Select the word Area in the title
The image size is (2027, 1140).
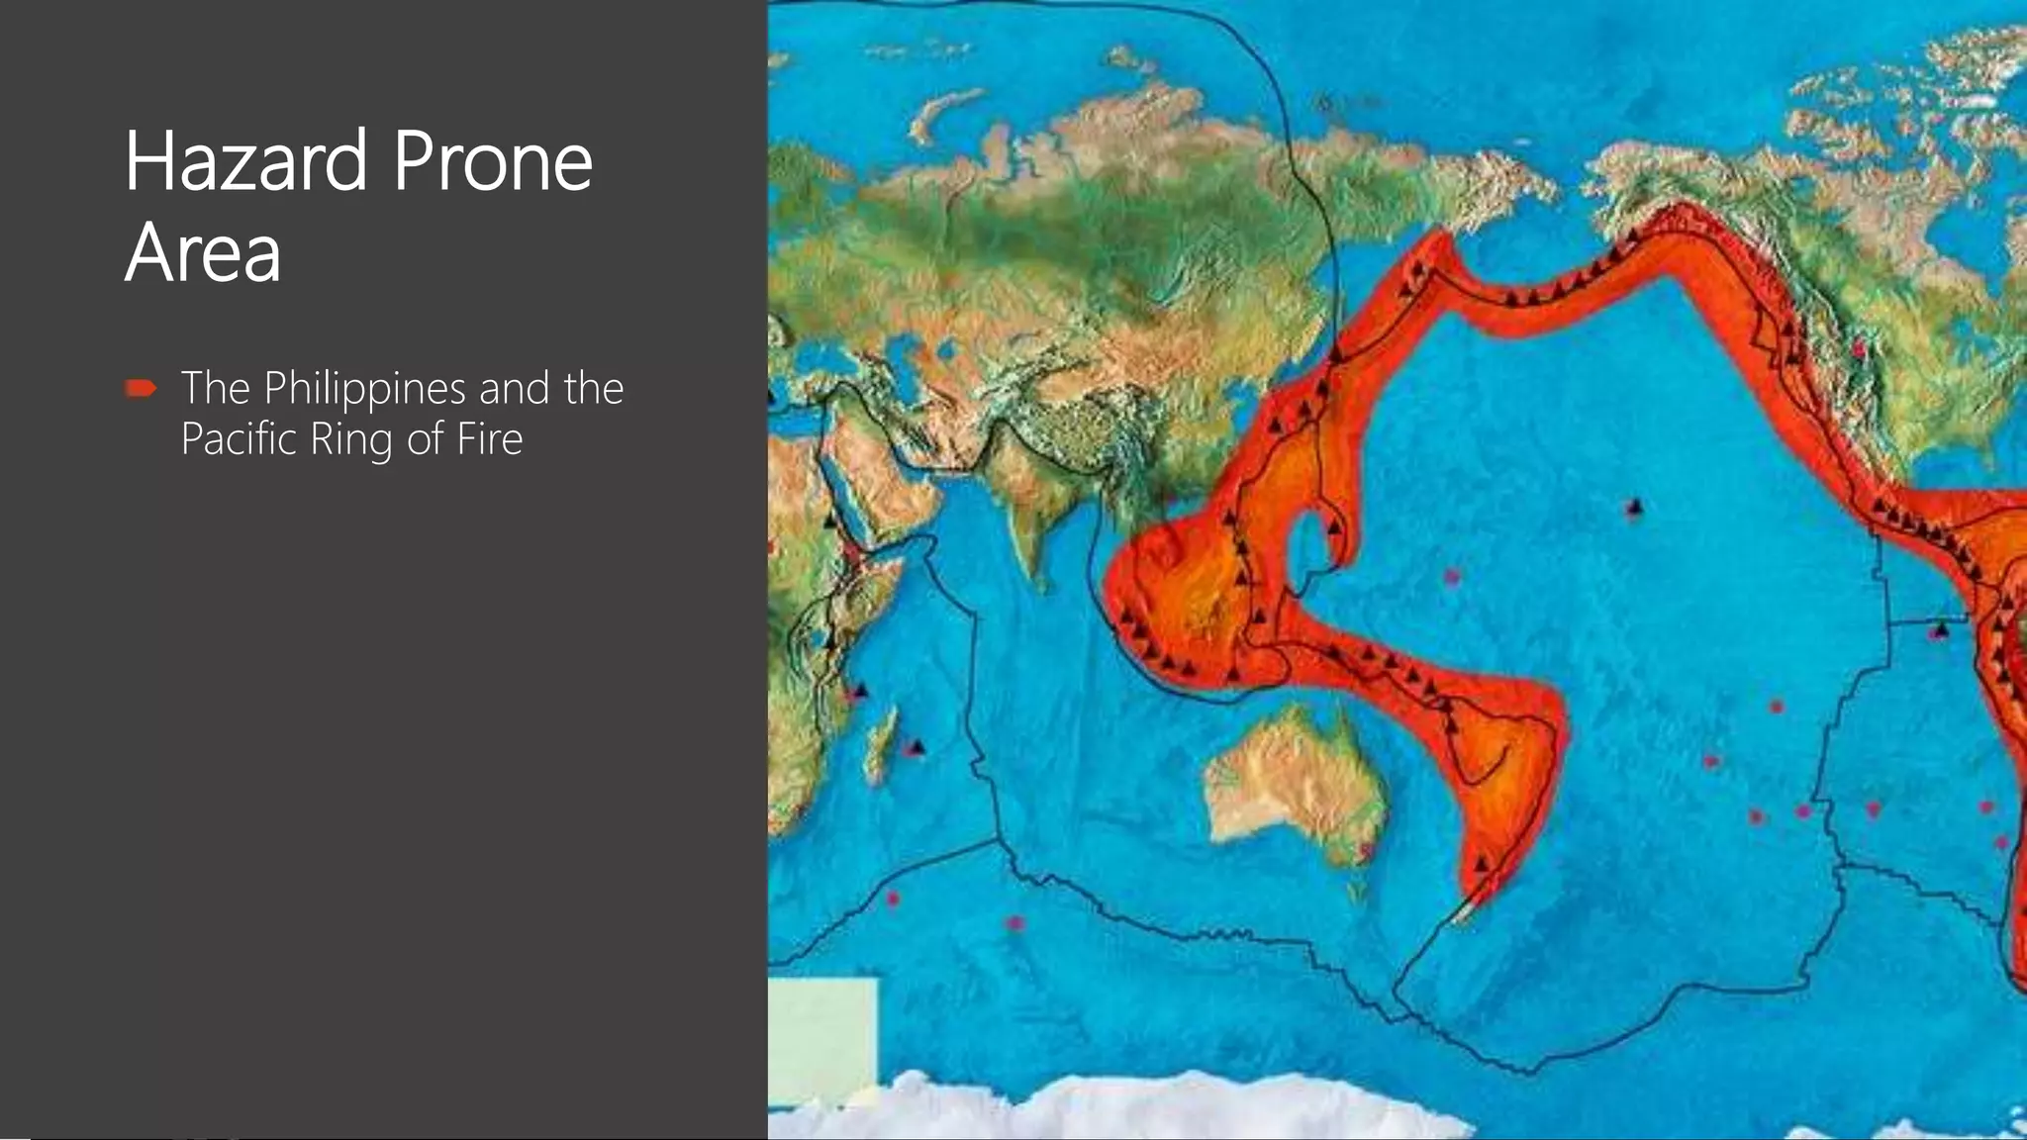coord(203,251)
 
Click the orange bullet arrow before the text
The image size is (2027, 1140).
coord(142,389)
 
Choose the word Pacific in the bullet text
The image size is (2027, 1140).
coord(239,438)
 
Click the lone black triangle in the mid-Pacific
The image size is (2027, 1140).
coord(1634,509)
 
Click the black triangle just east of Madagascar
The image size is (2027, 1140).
coord(917,746)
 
